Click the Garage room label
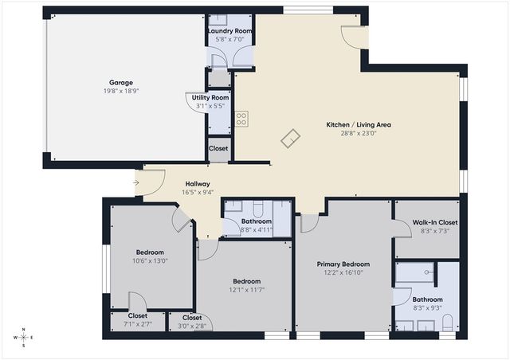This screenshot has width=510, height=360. pyautogui.click(x=121, y=82)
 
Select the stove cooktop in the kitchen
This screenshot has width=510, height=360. pyautogui.click(x=241, y=119)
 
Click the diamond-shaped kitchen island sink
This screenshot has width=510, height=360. pyautogui.click(x=291, y=139)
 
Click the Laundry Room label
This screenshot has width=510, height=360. pyautogui.click(x=230, y=30)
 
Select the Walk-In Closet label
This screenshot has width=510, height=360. pyautogui.click(x=426, y=222)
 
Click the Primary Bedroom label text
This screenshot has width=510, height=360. pyautogui.click(x=344, y=264)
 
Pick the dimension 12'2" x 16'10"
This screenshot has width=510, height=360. pyautogui.click(x=344, y=272)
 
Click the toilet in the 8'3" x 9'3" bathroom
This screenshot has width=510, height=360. pyautogui.click(x=446, y=322)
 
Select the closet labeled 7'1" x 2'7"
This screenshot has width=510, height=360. pyautogui.click(x=136, y=325)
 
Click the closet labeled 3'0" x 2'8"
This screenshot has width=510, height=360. pyautogui.click(x=191, y=325)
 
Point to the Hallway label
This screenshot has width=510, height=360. pyautogui.click(x=198, y=183)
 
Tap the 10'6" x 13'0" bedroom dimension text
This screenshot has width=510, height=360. pyautogui.click(x=150, y=260)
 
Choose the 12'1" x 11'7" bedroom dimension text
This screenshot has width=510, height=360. pyautogui.click(x=246, y=290)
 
